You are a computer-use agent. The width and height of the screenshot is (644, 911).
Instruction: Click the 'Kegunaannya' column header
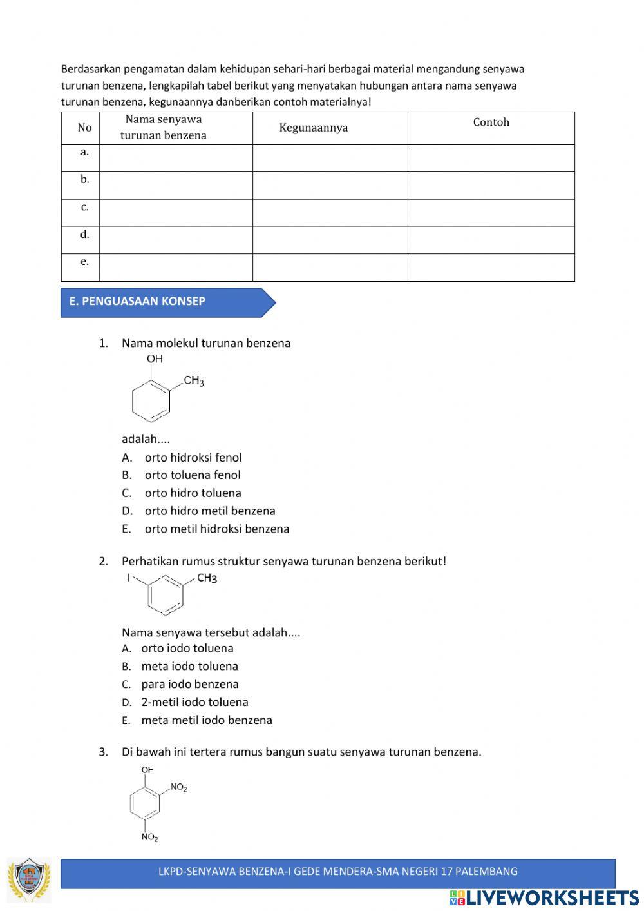pos(314,128)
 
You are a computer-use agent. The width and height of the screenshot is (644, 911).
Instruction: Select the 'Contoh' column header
pos(491,122)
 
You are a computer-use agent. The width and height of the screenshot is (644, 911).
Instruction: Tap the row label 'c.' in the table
pos(84,207)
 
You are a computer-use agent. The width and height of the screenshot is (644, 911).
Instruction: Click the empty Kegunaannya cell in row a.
pos(330,158)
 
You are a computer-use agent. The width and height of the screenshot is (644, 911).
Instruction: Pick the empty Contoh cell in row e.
pos(491,267)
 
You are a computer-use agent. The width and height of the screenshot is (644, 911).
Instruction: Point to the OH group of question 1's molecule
pos(155,359)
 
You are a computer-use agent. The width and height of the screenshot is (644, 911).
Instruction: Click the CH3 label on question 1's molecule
pos(193,381)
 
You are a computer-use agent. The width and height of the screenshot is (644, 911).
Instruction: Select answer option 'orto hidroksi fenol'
pos(193,458)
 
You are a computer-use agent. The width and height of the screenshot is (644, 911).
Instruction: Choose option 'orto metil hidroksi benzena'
pos(216,529)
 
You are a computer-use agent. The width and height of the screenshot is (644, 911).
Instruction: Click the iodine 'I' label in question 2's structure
pos(129,578)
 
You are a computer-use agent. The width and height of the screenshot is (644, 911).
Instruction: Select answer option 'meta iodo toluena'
pos(189,667)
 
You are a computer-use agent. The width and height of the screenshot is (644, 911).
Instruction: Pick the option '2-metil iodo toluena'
pos(194,703)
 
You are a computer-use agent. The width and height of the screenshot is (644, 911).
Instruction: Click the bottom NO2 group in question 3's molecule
pos(149,838)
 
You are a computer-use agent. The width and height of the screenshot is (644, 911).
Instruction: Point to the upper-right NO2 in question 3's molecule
pos(178,787)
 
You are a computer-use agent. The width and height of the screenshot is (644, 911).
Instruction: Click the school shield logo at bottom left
pos(30,879)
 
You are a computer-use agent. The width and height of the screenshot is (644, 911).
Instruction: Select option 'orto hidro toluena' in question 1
pos(193,493)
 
